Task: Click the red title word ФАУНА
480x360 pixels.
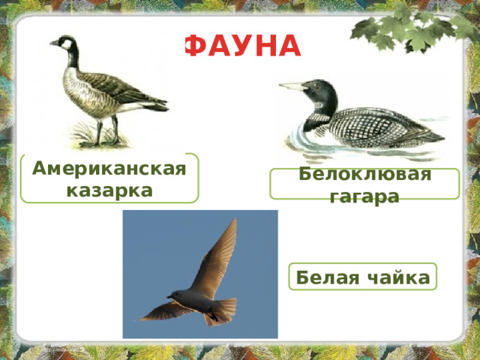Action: pos(241,47)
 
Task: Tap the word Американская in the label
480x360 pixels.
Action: pos(109,168)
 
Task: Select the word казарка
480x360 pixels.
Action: pos(109,190)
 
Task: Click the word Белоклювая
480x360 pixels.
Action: pos(364,174)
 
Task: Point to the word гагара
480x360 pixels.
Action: pos(364,196)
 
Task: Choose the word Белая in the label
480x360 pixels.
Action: pos(322,277)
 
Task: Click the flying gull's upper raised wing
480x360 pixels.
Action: pos(217,255)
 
